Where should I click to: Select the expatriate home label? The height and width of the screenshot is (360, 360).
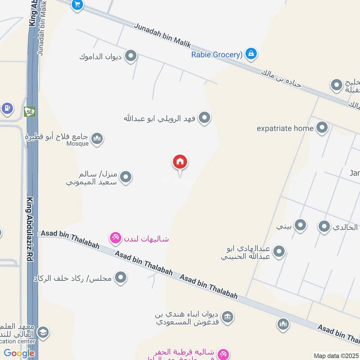point(285,128)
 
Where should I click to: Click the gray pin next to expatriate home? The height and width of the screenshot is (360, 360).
point(321,128)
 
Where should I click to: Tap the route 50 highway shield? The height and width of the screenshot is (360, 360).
point(29,111)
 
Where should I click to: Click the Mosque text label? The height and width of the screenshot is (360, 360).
point(78,144)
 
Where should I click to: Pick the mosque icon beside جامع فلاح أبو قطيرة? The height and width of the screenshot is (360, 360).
point(97,139)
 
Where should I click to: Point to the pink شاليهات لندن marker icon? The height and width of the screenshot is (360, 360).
point(116,237)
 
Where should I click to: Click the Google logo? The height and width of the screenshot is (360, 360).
point(19,353)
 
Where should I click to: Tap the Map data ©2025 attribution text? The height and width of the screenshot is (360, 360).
point(336,355)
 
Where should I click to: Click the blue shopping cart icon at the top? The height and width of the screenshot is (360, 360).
point(77,5)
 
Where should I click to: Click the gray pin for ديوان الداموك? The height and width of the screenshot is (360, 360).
point(130,56)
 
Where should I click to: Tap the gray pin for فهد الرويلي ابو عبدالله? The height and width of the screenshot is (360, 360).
point(205,118)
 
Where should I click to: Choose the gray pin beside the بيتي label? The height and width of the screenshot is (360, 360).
point(300,226)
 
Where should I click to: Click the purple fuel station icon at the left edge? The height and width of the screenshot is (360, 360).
point(7,108)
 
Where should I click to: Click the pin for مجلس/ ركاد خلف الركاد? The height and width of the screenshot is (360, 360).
point(120,278)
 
